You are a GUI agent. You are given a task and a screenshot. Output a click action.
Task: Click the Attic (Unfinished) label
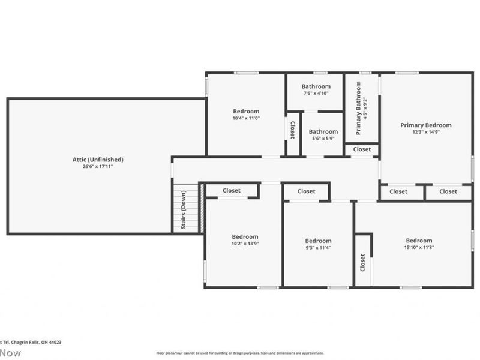(x=98, y=159)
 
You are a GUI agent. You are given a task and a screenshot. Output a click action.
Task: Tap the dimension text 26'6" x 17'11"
(x=98, y=166)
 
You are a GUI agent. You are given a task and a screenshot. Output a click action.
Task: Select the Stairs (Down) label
(x=183, y=210)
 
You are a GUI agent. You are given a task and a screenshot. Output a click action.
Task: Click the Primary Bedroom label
(x=426, y=125)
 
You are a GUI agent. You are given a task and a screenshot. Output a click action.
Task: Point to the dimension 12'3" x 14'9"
(x=426, y=132)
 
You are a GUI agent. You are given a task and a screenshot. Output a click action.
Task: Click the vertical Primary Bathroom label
(x=358, y=107)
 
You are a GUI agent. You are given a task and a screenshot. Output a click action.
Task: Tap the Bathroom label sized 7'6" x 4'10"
(x=316, y=86)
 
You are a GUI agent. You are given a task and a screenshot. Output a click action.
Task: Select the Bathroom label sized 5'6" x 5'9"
(x=323, y=131)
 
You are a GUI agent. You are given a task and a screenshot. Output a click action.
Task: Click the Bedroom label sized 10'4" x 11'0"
(x=246, y=111)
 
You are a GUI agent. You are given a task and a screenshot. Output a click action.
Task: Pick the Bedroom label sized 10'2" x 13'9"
(x=245, y=236)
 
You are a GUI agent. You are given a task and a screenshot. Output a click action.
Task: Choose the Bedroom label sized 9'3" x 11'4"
(x=318, y=241)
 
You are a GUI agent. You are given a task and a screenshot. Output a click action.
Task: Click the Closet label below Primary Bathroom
(x=362, y=149)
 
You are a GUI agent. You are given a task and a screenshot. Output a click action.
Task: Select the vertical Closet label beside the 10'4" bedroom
(x=292, y=130)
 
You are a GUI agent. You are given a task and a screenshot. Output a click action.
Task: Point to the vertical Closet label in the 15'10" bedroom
(x=362, y=262)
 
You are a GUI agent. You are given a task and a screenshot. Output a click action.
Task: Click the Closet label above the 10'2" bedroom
(x=232, y=190)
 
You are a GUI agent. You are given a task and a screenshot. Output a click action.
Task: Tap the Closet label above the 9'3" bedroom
(x=306, y=191)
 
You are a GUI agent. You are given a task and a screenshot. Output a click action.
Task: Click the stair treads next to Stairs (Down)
(x=193, y=210)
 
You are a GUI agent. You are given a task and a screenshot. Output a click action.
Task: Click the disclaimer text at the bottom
(x=240, y=353)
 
